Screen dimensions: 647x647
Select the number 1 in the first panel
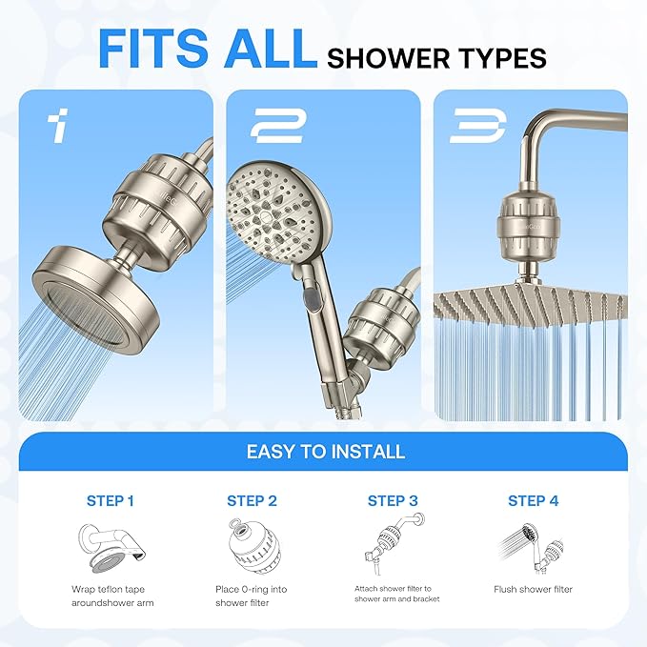pyautogui.click(x=60, y=126)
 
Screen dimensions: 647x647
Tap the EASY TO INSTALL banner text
pyautogui.click(x=326, y=451)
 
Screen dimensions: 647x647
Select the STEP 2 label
pyautogui.click(x=252, y=500)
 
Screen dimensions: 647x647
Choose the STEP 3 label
pyautogui.click(x=393, y=500)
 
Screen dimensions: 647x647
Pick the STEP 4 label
pyautogui.click(x=534, y=500)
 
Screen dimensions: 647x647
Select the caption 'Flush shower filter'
pyautogui.click(x=534, y=590)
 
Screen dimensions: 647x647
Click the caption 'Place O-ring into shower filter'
pyautogui.click(x=252, y=596)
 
